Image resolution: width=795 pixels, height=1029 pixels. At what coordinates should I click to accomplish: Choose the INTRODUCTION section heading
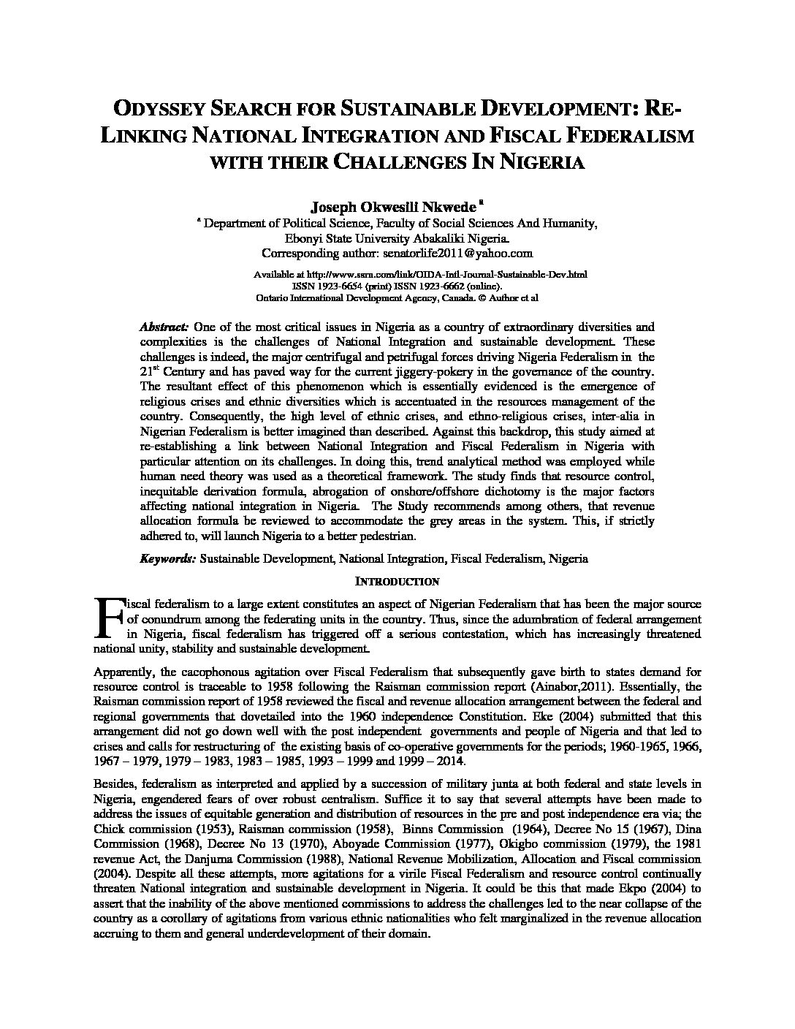(397, 582)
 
